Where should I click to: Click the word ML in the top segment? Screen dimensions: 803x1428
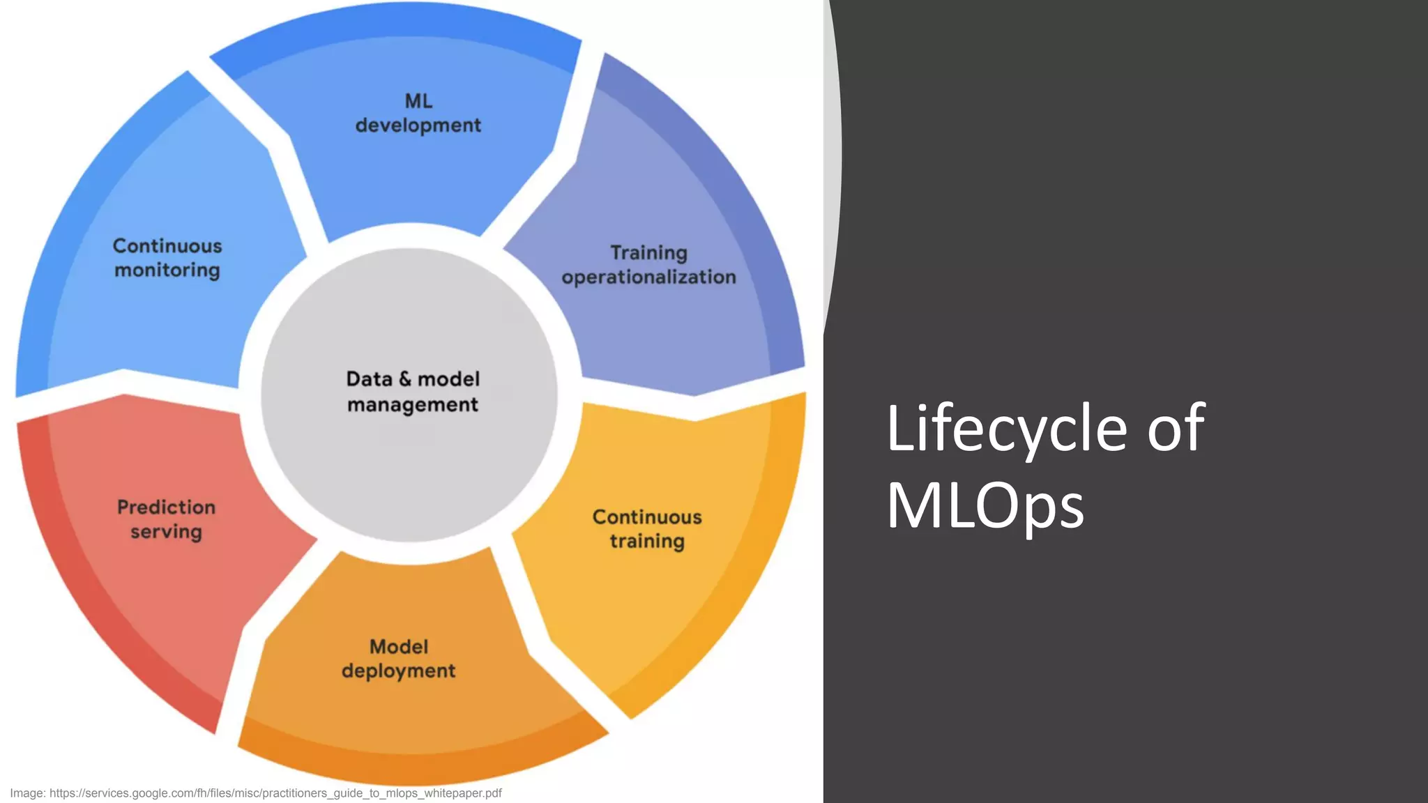pos(418,101)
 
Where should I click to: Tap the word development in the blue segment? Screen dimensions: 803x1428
pos(418,125)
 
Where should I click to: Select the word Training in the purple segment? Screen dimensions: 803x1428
pos(648,252)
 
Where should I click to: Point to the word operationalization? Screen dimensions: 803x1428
pos(648,277)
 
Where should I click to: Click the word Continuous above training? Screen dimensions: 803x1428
pos(647,517)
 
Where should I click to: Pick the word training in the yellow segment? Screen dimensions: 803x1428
pos(647,542)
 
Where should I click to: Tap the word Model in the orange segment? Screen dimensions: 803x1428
pos(399,647)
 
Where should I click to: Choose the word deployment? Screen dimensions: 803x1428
pos(399,671)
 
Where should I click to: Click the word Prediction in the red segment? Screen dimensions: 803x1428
pos(166,507)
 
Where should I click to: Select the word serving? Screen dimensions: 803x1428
pos(166,532)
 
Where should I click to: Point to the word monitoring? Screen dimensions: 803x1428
pos(167,270)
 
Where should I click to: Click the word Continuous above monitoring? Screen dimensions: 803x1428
pos(167,246)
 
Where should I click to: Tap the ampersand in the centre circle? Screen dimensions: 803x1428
pos(405,379)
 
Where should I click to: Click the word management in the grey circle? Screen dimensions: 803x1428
pos(413,405)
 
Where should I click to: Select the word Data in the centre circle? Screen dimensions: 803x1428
pos(370,379)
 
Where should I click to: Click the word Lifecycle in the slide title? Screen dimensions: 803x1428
pos(1006,429)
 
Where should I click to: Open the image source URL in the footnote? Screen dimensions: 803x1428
pos(275,793)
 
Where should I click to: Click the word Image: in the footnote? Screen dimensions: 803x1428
pos(27,793)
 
